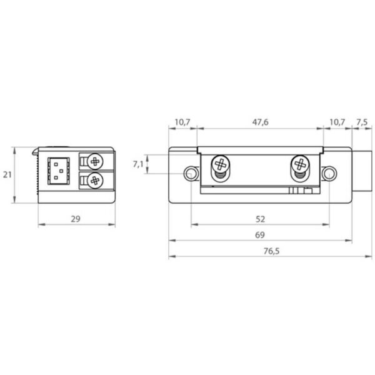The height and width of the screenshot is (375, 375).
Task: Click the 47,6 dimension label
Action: click(260, 122)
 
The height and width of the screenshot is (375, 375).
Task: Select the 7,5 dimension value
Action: click(362, 122)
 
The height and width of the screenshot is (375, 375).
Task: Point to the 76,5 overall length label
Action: click(271, 251)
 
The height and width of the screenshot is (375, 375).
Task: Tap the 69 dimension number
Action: click(260, 235)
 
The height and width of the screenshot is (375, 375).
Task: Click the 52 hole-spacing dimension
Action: click(260, 219)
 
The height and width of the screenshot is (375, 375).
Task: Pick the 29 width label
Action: click(76, 219)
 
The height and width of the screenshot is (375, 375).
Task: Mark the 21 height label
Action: click(7, 175)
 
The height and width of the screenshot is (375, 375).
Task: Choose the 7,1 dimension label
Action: click(138, 164)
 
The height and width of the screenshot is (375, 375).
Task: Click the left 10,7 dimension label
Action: click(182, 122)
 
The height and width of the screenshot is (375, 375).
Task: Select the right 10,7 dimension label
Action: click(337, 122)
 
